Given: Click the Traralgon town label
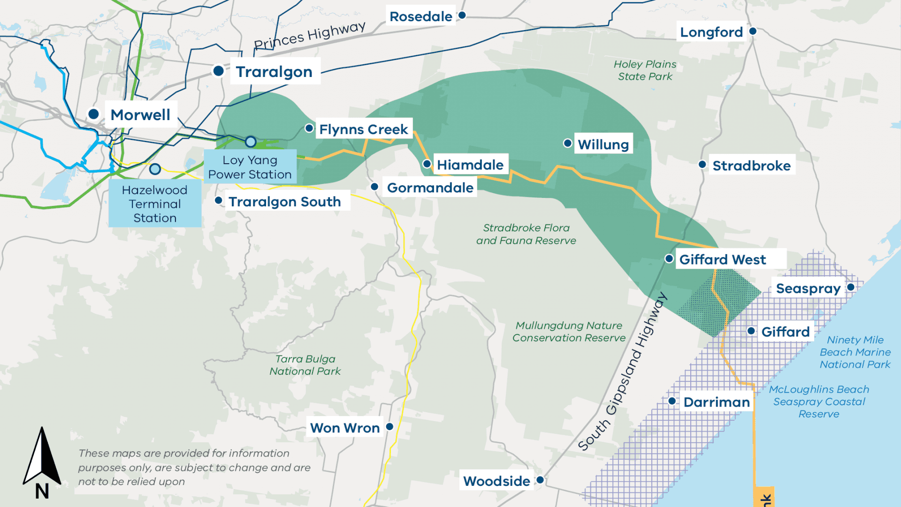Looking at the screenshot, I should coord(275,72).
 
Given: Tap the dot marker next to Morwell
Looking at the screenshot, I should coord(93,114).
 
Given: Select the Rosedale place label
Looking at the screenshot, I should coord(420,16).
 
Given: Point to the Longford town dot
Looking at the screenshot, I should coord(753,31).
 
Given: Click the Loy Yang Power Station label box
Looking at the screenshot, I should coord(250,167).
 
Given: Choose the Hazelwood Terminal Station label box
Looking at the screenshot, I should coord(155,204).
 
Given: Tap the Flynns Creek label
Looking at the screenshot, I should coord(363,129).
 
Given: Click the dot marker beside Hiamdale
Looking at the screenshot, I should coord(427,164).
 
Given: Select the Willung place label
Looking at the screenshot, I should coord(603,144).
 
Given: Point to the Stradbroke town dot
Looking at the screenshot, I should coord(702,165).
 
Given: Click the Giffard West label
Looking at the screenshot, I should coord(723,259).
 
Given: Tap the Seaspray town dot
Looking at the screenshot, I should coord(851,287).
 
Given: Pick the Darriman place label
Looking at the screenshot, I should coord(716,402).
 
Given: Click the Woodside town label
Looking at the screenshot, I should coord(496,481).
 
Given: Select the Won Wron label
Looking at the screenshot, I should coord(345,428).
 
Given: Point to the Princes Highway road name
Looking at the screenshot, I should coord(309,36).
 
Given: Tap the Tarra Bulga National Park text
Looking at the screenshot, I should coord(305,365).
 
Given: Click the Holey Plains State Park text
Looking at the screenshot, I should coord(645,70).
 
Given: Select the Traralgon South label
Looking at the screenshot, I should coord(284,201).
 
